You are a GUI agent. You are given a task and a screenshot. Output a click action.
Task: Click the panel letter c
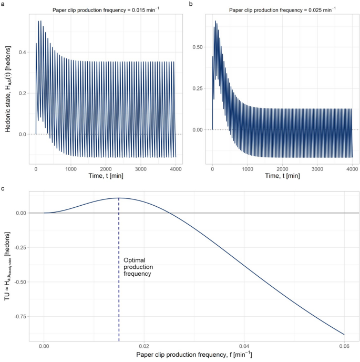click(3, 188)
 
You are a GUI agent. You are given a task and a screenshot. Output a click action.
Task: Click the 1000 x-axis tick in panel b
click(247, 168)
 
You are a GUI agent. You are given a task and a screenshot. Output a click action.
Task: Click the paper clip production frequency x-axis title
click(194, 355)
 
